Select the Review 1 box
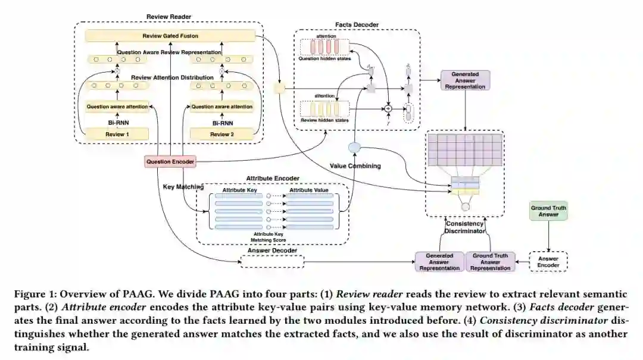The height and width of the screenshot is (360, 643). pos(117,134)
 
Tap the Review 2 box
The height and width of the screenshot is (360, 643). pos(221,134)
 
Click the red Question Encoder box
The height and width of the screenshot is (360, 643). pos(170,161)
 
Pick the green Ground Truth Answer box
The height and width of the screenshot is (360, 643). pos(548,211)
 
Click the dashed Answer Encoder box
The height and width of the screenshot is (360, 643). pos(548,262)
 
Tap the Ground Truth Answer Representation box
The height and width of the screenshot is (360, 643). pos(491,262)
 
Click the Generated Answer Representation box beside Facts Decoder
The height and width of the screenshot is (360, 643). pos(465,80)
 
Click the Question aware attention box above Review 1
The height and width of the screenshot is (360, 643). pos(117,107)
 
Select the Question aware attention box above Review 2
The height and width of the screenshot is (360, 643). pos(221,107)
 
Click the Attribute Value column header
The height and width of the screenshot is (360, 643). pos(310,190)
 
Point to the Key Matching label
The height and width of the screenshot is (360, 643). pos(183,187)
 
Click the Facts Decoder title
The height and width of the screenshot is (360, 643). pos(357,25)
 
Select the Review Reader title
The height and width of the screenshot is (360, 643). pos(168,16)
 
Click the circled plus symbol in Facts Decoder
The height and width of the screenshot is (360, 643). pos(388,109)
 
